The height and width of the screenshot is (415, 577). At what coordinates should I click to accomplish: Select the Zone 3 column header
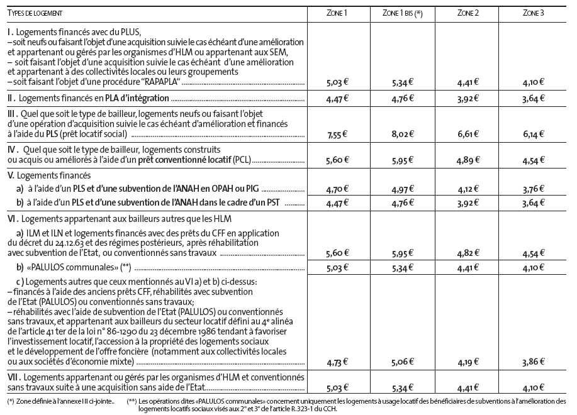pyautogui.click(x=534, y=13)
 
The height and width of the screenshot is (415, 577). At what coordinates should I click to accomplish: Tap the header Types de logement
pyautogui.click(x=35, y=13)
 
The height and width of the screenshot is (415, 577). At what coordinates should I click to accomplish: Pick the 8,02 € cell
pyautogui.click(x=401, y=135)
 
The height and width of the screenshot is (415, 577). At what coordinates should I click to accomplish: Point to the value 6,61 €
pyautogui.click(x=468, y=135)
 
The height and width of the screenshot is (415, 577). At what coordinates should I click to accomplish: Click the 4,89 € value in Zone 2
pyautogui.click(x=468, y=160)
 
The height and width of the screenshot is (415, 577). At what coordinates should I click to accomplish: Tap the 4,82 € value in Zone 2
pyautogui.click(x=468, y=252)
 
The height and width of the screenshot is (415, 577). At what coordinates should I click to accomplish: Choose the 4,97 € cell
pyautogui.click(x=401, y=188)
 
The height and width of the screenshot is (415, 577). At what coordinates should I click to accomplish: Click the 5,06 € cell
pyautogui.click(x=401, y=363)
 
